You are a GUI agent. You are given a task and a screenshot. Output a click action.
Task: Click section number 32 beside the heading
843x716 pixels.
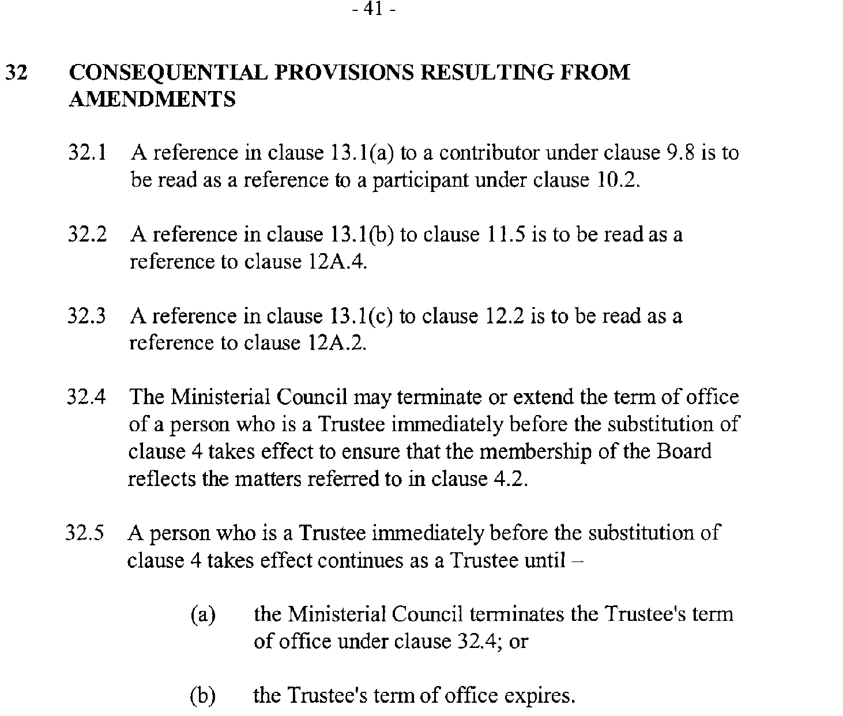[x=18, y=73]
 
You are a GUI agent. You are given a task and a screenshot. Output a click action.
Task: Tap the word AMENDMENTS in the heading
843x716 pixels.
[x=152, y=99]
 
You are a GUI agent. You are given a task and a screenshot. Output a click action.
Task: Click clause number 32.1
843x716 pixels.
[x=87, y=153]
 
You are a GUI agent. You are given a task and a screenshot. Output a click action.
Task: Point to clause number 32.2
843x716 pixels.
[x=87, y=235]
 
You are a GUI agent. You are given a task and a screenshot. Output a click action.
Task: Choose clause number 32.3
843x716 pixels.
[x=87, y=316]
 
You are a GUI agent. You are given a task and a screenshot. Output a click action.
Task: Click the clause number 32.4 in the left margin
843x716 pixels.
[x=87, y=397]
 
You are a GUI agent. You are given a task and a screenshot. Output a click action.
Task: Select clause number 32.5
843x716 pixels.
[x=85, y=533]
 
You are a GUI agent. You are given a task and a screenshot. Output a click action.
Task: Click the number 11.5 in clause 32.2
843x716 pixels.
[x=502, y=235]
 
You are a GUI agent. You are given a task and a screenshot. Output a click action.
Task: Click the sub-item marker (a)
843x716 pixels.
[x=203, y=615]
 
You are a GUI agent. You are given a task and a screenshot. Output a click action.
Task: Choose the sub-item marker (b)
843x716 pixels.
[x=203, y=696]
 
